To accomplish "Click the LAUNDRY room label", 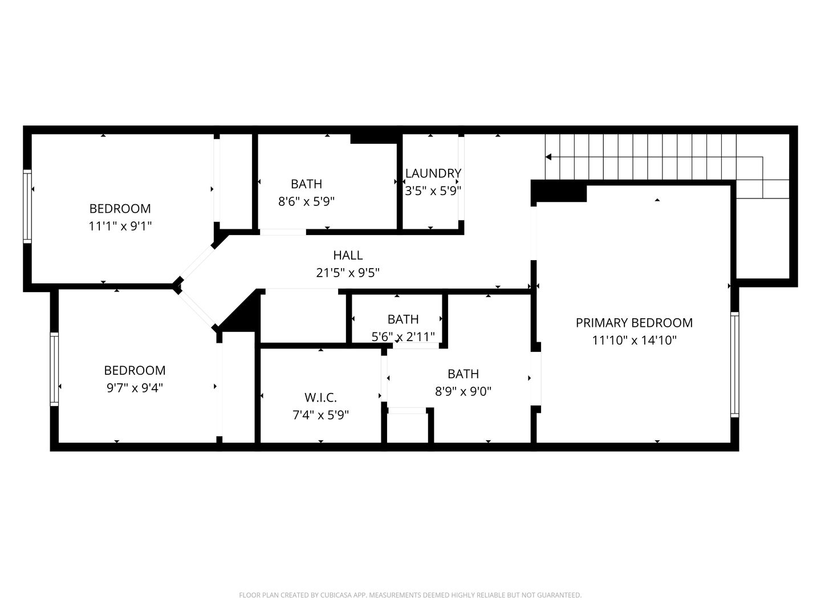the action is click(433, 173).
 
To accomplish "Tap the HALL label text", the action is click(348, 255).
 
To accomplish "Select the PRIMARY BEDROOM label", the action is click(634, 322).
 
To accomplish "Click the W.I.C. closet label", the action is click(320, 397).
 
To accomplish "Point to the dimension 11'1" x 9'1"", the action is click(120, 226).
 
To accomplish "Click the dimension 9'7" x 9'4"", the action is click(135, 388).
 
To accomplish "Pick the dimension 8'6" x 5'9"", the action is click(306, 201).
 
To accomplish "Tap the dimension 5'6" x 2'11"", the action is click(403, 337).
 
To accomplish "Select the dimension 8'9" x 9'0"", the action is click(463, 391).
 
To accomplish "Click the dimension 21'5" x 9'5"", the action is click(348, 273).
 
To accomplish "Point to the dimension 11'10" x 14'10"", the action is click(635, 340).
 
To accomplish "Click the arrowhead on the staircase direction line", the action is click(548, 157).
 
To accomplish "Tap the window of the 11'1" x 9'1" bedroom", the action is click(27, 206).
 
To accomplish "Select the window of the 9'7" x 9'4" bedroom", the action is click(54, 369).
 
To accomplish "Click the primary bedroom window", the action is click(734, 364).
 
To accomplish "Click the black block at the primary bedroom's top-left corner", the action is click(559, 191).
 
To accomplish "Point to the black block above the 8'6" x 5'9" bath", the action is click(373, 139).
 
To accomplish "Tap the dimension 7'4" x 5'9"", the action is click(320, 415).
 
